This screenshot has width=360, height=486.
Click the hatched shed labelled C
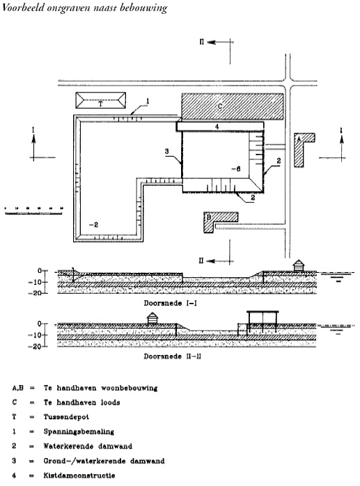pyautogui.click(x=233, y=107)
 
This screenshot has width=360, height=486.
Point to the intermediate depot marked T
pyautogui.click(x=101, y=100)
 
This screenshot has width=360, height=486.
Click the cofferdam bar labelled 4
pyautogui.click(x=220, y=127)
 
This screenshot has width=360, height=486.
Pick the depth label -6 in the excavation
pyautogui.click(x=235, y=169)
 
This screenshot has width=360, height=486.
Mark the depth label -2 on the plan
pyautogui.click(x=93, y=225)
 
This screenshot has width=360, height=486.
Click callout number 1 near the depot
pyautogui.click(x=148, y=101)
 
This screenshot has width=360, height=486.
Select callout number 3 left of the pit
pyautogui.click(x=167, y=151)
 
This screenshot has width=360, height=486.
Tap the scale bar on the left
pyautogui.click(x=33, y=211)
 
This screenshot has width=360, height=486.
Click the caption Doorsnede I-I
pyautogui.click(x=170, y=303)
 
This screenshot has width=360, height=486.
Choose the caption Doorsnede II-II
pyautogui.click(x=172, y=356)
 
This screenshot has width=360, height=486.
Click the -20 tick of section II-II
pyautogui.click(x=37, y=346)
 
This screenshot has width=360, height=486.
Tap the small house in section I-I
pyautogui.click(x=298, y=265)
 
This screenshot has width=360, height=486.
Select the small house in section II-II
pyautogui.click(x=152, y=318)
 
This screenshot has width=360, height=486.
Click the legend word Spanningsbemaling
pyautogui.click(x=79, y=432)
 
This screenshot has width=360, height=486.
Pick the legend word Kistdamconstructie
pyautogui.click(x=79, y=476)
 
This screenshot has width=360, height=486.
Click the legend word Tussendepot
pyautogui.click(x=66, y=417)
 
